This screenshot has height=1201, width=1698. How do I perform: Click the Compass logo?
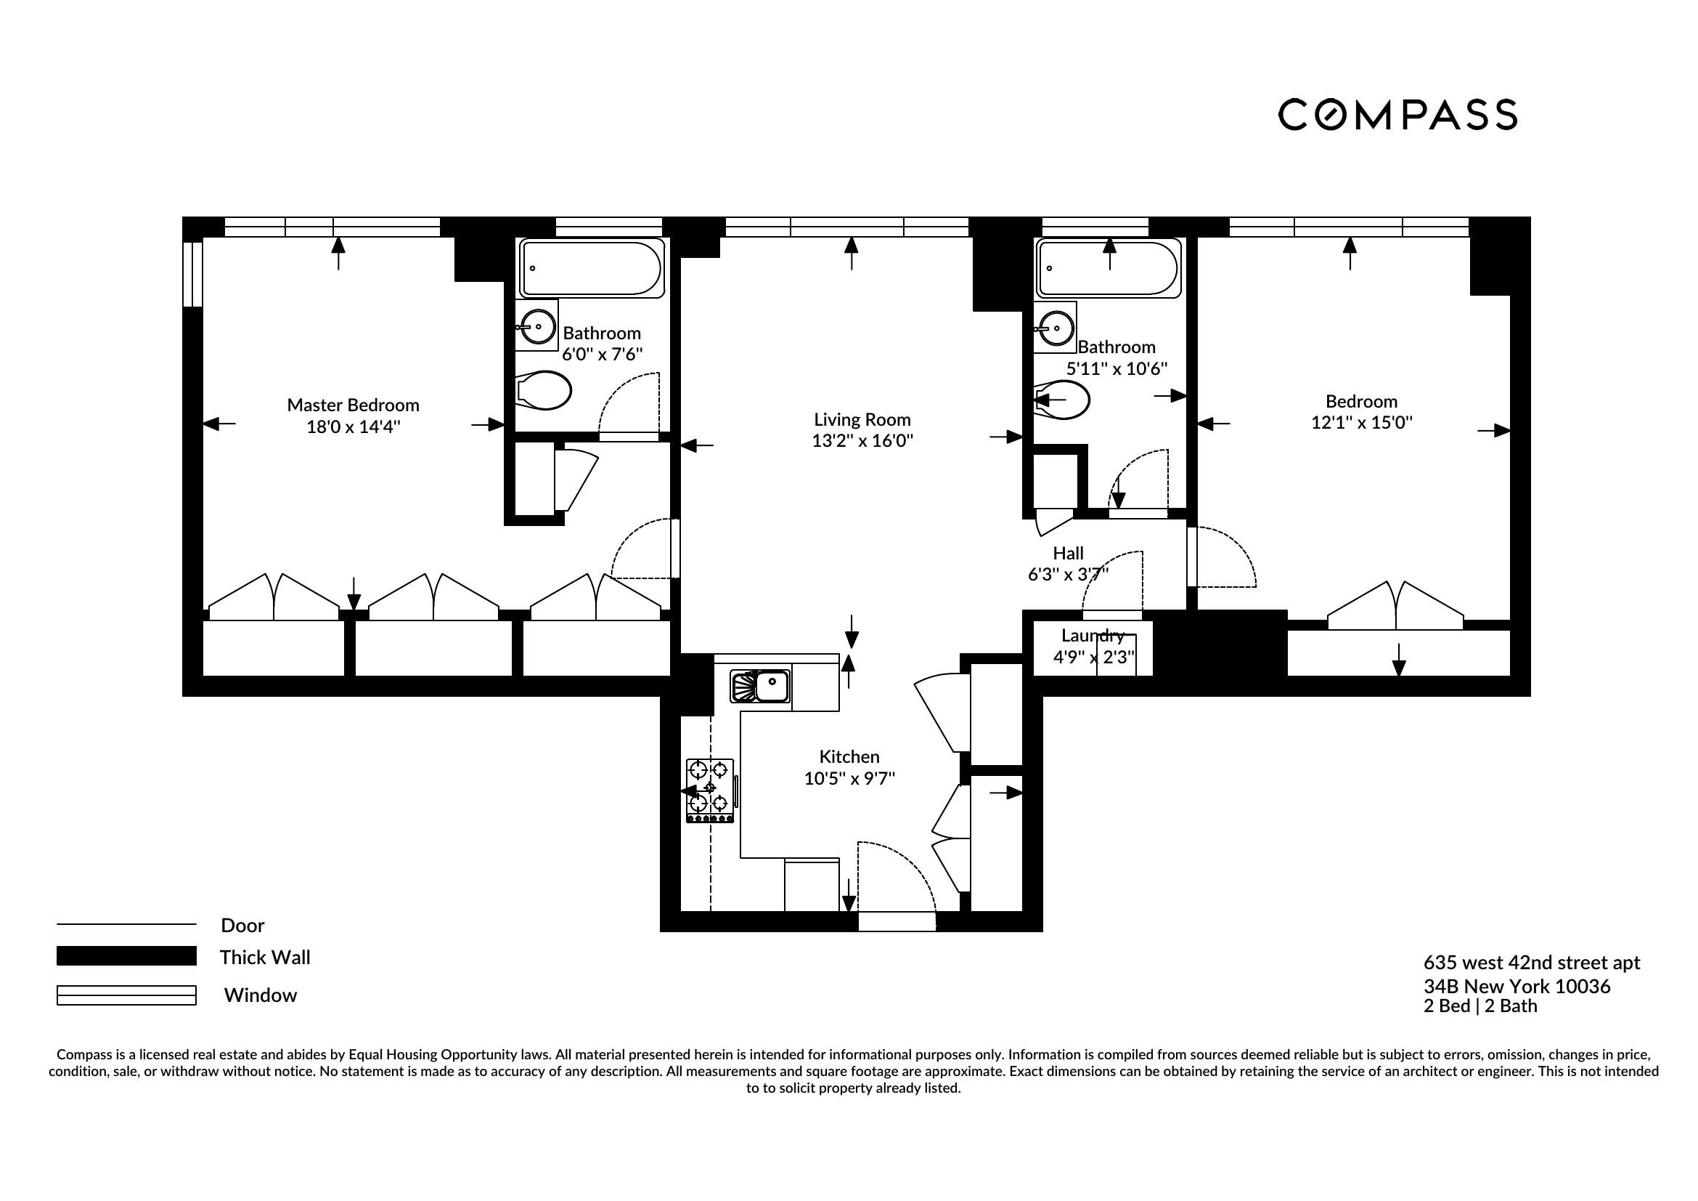click(x=1397, y=115)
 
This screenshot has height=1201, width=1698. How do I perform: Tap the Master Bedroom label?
click(x=353, y=405)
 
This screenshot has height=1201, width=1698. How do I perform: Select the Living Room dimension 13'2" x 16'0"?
click(x=862, y=441)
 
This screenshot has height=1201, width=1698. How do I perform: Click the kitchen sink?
click(x=760, y=686)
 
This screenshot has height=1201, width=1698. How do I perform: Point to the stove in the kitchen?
click(x=710, y=790)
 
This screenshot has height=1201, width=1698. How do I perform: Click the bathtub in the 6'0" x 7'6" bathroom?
click(x=591, y=268)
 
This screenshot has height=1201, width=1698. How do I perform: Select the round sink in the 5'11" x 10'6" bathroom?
click(x=1056, y=327)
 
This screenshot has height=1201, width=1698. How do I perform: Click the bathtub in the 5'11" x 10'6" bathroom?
click(x=1109, y=268)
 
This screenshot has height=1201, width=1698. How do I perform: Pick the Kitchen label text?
click(x=849, y=756)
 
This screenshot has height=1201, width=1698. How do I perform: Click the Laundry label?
click(x=1093, y=636)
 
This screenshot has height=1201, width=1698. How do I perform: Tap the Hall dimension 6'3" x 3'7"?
click(x=1068, y=574)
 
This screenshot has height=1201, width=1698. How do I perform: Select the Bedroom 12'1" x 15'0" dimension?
click(x=1361, y=423)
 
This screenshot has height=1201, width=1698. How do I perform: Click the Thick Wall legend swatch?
click(x=126, y=956)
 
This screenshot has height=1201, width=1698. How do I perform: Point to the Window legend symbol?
click(x=126, y=995)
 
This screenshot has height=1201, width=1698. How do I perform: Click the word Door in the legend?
click(x=242, y=925)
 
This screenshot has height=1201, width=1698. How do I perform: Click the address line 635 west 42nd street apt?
click(x=1531, y=962)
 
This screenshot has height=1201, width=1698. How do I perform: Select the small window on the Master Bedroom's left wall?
click(x=192, y=274)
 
